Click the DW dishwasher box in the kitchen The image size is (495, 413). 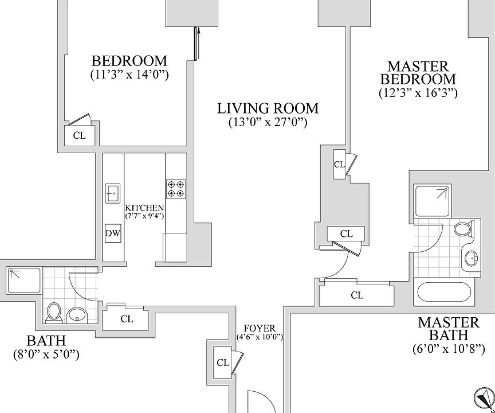(113, 233)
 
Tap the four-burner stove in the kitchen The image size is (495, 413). (176, 189)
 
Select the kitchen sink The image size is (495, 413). (113, 193)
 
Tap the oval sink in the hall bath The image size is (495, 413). (76, 314)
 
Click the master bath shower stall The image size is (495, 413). (433, 201)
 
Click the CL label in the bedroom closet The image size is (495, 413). (80, 136)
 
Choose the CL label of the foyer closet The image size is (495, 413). (223, 363)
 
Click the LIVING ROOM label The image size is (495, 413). (268, 108)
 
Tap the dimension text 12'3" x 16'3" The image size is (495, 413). (418, 92)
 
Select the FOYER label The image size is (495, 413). (260, 329)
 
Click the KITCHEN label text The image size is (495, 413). (145, 208)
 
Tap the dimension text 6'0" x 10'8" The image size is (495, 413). (449, 349)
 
